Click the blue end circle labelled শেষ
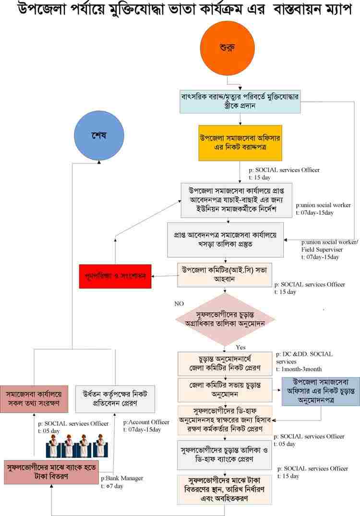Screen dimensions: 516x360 [x=98, y=136]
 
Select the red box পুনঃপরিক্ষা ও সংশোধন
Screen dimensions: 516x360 [x=115, y=276]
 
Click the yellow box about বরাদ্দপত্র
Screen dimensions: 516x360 [x=240, y=143]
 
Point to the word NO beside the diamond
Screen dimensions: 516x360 [x=180, y=303]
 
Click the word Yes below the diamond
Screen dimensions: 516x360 [x=241, y=347]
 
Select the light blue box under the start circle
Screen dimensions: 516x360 [x=240, y=100]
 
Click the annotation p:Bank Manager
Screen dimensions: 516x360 [x=122, y=479]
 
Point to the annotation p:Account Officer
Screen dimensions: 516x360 [x=146, y=422]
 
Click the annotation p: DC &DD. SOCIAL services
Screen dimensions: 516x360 [x=304, y=358]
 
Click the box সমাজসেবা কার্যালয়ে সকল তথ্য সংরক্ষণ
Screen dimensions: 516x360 [x=34, y=398]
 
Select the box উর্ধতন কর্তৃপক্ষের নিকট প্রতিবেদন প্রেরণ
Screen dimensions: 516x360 [x=115, y=398]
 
